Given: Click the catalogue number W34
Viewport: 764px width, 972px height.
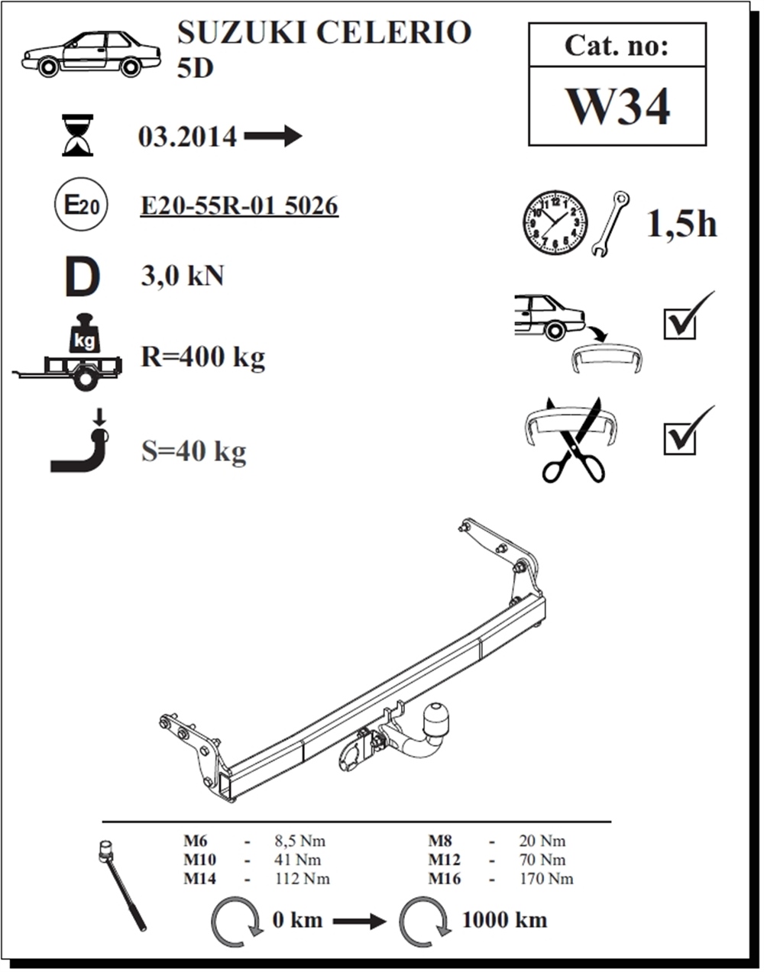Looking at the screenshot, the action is coord(619,106).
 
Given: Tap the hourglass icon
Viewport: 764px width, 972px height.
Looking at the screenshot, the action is coord(78,135).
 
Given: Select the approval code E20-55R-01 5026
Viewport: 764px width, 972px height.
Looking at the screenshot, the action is coord(239,205).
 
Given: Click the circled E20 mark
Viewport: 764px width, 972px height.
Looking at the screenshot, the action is coord(81,205).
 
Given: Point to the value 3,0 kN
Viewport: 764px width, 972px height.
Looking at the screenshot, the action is coord(182,276).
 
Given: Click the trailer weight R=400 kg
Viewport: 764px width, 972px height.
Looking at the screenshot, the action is coord(202,358).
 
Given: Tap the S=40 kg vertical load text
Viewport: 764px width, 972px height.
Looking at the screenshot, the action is coord(193,452).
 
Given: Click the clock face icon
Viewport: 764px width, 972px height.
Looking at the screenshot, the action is coord(555,222).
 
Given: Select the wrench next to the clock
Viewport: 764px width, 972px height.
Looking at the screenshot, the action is coord(610,224).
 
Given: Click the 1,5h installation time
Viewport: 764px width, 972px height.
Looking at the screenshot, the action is coord(681,224).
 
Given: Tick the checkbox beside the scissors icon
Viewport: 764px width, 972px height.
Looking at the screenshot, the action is coord(680,439).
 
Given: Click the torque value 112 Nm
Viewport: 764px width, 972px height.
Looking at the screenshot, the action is coord(302,879).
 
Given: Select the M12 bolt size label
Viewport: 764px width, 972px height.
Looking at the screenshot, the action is coord(444,860).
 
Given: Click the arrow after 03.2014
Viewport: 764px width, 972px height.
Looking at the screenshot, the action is coord(273,136).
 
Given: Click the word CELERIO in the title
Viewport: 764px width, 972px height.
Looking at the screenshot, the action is coord(394,32).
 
